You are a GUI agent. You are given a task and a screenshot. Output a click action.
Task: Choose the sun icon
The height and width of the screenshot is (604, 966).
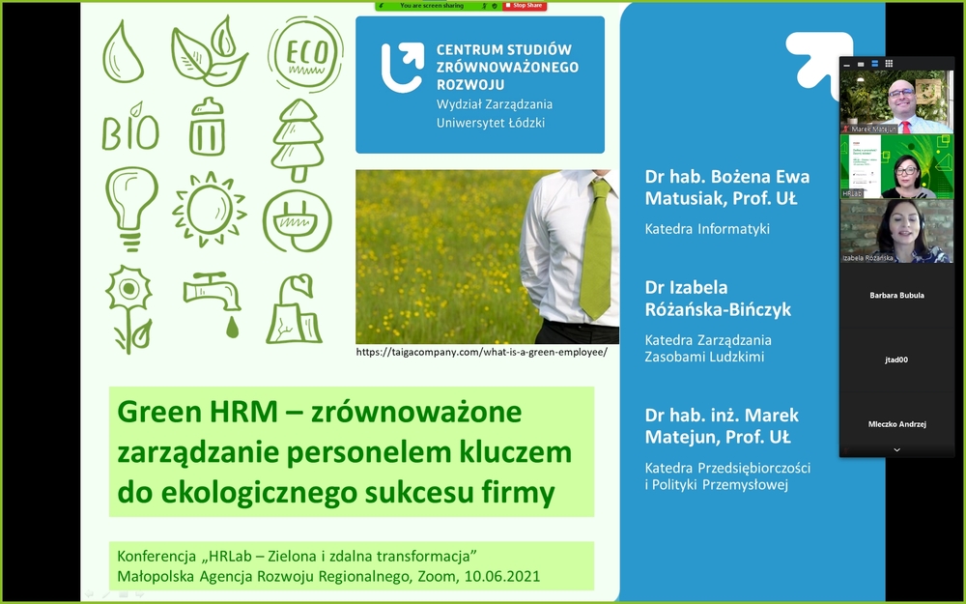pyautogui.click(x=209, y=209)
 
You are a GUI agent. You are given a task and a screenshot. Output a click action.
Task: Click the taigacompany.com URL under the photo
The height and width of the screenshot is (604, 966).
pyautogui.click(x=481, y=353)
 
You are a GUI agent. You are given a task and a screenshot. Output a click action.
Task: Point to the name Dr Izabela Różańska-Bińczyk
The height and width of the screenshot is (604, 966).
pyautogui.click(x=718, y=299)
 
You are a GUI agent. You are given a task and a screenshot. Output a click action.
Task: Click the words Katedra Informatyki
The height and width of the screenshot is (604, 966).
pyautogui.click(x=707, y=230)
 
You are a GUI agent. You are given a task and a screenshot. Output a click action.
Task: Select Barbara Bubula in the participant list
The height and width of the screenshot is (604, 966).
pyautogui.click(x=896, y=296)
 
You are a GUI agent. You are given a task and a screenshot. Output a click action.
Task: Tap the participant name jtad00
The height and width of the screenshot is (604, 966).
pyautogui.click(x=896, y=360)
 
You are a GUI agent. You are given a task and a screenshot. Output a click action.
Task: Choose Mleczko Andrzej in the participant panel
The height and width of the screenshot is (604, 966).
pyautogui.click(x=896, y=423)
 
